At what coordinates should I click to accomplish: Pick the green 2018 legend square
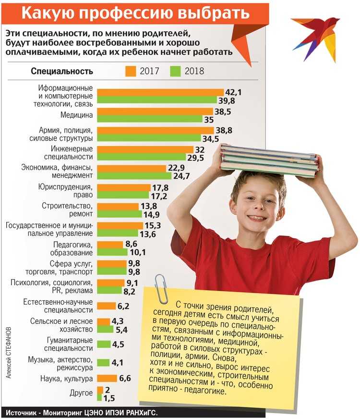pos(176,71)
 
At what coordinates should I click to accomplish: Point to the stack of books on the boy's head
pos(269,161)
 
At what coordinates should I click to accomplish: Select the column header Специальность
pos(62,72)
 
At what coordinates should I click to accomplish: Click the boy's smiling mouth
pos(257,217)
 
